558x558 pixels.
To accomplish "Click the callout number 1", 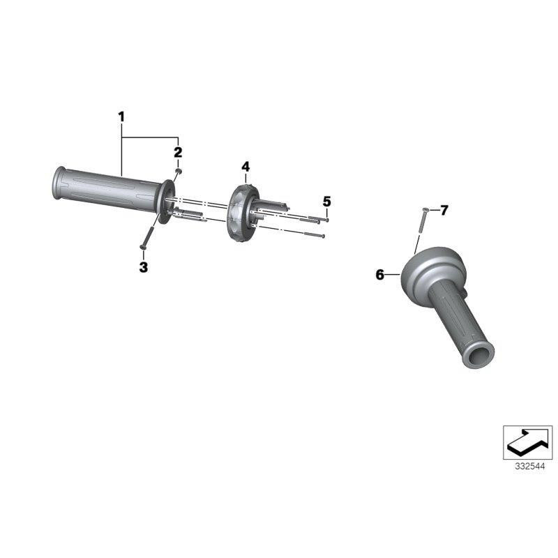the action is coord(121,116).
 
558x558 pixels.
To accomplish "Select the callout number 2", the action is coord(178,152).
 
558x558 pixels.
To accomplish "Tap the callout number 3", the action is coord(144,267).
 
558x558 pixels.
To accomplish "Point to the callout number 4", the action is coord(246,167).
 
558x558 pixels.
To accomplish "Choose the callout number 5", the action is coord(326,202).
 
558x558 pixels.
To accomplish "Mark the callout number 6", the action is coord(380,275).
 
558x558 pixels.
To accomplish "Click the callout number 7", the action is coord(444,211).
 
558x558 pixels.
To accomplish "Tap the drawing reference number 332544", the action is coord(529,467).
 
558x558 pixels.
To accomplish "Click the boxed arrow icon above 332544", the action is coord(527,442).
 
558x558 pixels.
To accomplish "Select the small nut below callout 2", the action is coord(179,172).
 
